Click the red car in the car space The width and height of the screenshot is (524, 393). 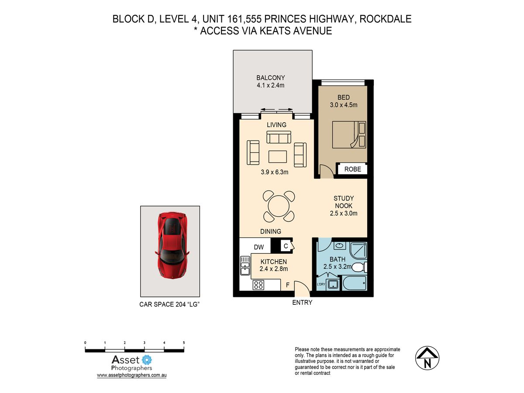click(172, 245)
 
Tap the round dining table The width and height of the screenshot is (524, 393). click(279, 206)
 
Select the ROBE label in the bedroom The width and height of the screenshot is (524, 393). click(352, 169)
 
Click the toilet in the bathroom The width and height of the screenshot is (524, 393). click(359, 267)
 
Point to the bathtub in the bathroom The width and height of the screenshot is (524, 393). click(354, 283)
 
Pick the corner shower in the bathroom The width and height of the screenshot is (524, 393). click(359, 250)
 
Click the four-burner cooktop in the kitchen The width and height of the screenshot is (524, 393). click(259, 285)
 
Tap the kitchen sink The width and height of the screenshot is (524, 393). click(245, 265)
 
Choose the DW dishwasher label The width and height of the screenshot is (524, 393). click(259, 247)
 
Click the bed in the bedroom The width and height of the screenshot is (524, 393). click(349, 134)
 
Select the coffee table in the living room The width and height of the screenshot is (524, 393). click(278, 156)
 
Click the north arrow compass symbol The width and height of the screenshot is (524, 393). click(427, 358)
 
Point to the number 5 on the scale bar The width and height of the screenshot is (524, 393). click(184, 343)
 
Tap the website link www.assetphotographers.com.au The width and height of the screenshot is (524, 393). click(131, 375)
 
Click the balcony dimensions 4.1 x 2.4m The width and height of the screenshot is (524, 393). click(270, 85)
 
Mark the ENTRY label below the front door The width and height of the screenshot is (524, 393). click(302, 303)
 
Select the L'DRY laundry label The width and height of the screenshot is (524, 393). click(321, 284)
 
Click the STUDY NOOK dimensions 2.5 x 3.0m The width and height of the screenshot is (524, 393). click(344, 213)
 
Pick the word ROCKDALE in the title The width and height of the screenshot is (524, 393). click(386, 19)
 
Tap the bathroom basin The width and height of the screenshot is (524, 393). click(340, 245)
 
